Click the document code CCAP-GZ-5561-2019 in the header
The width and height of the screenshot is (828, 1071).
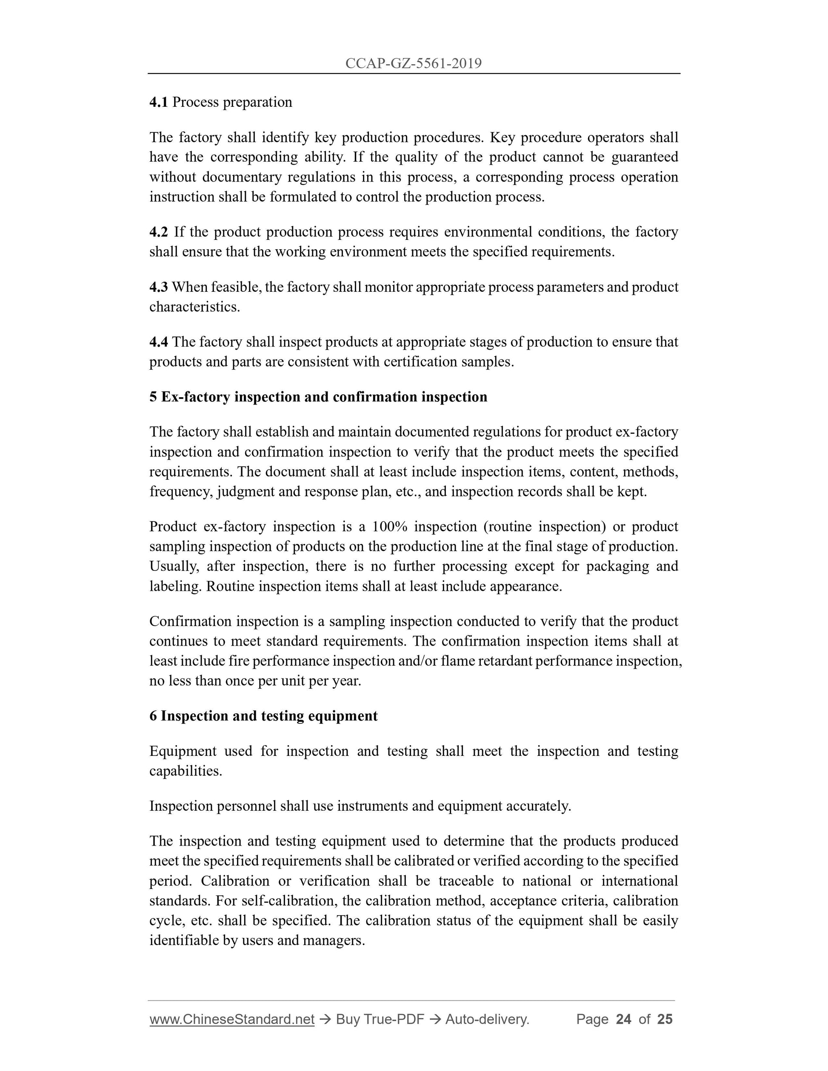pos(414,63)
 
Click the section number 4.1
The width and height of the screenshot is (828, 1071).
pos(158,102)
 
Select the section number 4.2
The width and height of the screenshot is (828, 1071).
pos(158,231)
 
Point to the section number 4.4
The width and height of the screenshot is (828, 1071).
pos(158,342)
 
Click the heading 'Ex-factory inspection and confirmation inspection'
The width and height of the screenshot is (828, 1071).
pos(324,397)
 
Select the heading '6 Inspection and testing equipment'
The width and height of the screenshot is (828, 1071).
pos(263,716)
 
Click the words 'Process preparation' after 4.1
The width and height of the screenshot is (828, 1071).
pos(232,102)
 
